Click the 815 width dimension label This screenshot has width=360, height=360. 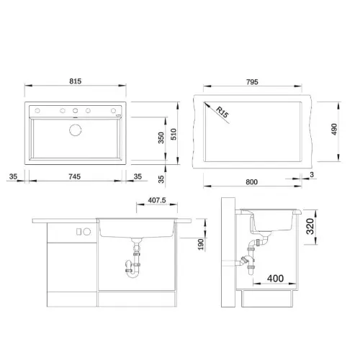click(76, 81)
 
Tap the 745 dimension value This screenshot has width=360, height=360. click(74, 176)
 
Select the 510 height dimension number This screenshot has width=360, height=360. click(174, 134)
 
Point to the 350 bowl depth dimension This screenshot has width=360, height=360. click(161, 138)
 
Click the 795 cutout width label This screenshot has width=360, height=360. click(252, 82)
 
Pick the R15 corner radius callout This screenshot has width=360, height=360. click(222, 112)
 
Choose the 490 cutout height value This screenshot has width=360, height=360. click(334, 130)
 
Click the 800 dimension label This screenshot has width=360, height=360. click(251, 182)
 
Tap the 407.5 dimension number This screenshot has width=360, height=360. click(157, 200)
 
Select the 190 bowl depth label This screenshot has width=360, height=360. click(201, 244)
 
